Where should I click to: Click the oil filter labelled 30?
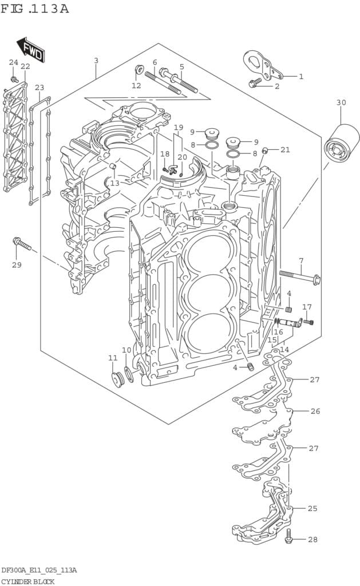(x=341, y=144)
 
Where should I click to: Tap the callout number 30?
(x=341, y=102)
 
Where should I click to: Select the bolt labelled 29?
(x=22, y=243)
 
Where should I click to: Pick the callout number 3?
(x=96, y=60)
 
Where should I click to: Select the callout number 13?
(x=114, y=183)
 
